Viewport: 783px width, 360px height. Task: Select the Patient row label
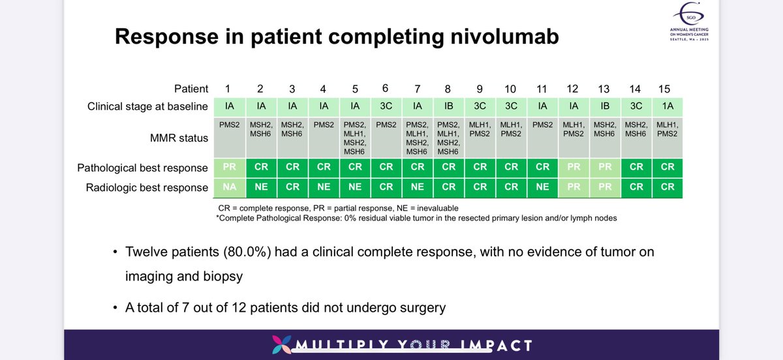coord(191,89)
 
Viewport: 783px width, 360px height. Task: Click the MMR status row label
coord(179,138)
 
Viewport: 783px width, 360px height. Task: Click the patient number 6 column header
coord(386,88)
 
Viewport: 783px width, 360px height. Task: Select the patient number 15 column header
coord(665,89)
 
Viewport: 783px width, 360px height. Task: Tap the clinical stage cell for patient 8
coord(448,107)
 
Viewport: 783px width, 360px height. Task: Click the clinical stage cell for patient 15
coord(666,107)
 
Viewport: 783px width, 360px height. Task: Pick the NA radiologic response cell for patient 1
coord(230,188)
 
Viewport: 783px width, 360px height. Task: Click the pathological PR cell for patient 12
coord(574,168)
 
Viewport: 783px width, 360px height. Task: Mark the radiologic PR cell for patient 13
coord(605,188)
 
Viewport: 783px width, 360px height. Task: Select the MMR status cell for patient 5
coord(355,138)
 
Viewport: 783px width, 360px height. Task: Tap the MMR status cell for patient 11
coord(542,138)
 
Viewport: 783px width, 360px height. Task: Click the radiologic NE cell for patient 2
coord(261,188)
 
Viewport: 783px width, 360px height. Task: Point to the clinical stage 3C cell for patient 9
coord(480,107)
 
